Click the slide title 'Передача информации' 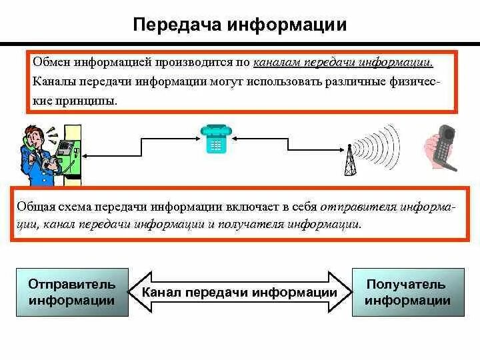(x=240, y=25)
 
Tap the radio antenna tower (x=349, y=161)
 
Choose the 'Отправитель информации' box (x=71, y=292)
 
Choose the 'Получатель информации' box (x=407, y=292)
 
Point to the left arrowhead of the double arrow (x=143, y=292)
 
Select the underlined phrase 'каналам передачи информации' (x=343, y=63)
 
